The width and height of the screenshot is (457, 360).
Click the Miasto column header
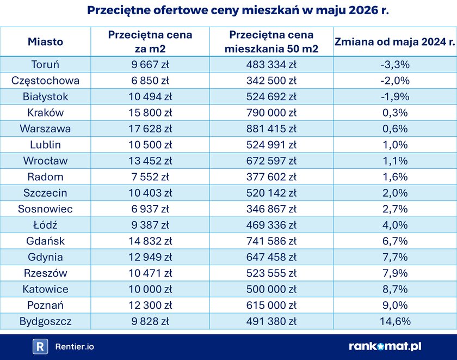46,42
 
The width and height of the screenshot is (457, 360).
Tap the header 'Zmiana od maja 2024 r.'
394,42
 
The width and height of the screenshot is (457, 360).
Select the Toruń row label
45,64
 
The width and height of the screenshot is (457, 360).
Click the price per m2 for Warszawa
150,129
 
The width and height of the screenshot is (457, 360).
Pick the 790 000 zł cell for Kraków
271,113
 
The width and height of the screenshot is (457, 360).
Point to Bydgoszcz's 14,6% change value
395,321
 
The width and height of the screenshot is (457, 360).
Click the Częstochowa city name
45,81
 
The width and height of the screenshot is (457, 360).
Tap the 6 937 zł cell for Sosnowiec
150,209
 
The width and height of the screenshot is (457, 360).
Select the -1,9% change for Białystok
395,96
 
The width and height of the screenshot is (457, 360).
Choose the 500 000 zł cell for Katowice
271,289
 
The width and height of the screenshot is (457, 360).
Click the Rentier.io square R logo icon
40,346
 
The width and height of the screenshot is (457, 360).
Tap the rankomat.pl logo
385,346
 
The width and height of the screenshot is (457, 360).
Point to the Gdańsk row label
45,241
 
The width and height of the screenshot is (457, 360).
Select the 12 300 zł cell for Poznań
150,305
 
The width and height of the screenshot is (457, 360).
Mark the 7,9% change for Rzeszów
395,273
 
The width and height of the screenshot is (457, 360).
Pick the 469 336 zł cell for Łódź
271,225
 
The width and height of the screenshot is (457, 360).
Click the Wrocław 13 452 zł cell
150,161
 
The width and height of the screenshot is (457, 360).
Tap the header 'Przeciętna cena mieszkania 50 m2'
271,42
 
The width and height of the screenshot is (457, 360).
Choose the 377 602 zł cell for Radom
271,177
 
